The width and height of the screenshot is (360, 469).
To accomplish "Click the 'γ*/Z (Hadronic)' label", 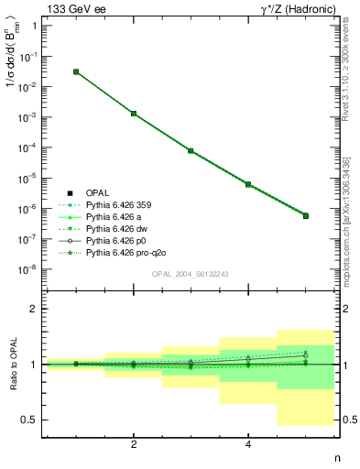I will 298,8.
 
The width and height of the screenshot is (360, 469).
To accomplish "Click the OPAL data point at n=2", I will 134,114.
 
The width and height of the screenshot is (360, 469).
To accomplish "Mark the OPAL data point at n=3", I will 191,150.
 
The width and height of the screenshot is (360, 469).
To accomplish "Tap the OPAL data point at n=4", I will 248,184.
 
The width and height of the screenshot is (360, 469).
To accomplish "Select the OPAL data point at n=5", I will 306,216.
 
